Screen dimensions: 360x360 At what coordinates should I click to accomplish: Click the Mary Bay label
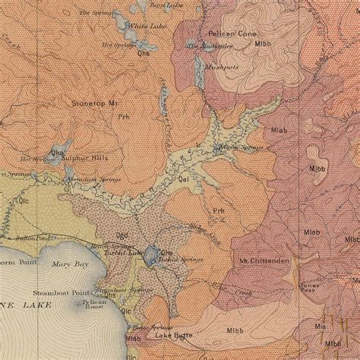pyautogui.click(x=66, y=266)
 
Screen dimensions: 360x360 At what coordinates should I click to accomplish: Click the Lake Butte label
pyautogui.click(x=174, y=335)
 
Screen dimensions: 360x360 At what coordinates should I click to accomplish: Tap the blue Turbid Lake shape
pyautogui.click(x=151, y=255)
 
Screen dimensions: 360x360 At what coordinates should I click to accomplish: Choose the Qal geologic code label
pyautogui.click(x=183, y=180)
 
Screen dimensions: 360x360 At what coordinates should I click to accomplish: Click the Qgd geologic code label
pyautogui.click(x=122, y=235)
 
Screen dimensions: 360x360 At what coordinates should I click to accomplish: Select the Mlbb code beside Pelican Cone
pyautogui.click(x=263, y=43)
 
